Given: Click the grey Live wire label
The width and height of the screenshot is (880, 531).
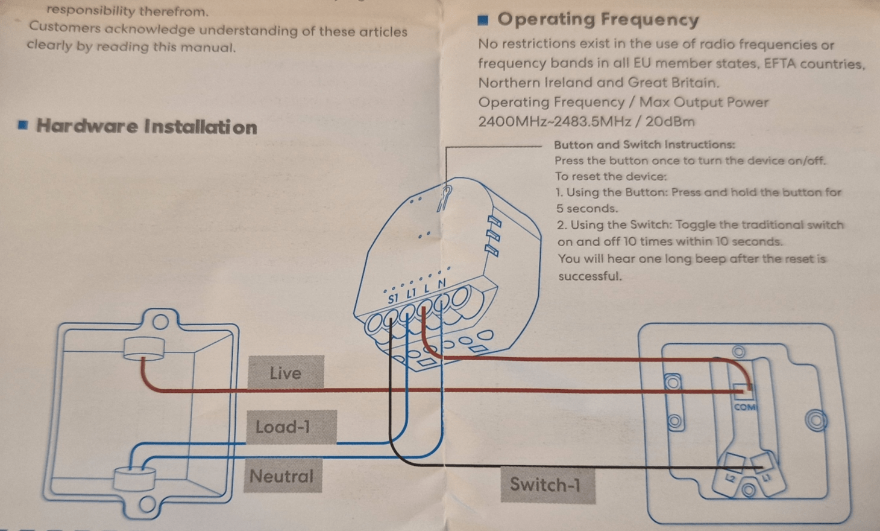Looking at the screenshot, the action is [x=286, y=372].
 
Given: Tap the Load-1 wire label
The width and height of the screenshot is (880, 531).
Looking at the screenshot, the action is [x=291, y=427].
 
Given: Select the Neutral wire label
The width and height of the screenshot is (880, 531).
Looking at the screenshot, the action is [x=283, y=475].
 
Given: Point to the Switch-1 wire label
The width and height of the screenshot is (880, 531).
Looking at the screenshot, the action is [x=548, y=485].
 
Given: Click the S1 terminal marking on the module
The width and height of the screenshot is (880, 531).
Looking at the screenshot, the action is [x=393, y=299].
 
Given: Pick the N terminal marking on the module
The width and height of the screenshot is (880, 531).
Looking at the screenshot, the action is [x=442, y=284].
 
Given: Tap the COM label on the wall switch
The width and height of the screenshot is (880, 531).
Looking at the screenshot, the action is [x=744, y=407].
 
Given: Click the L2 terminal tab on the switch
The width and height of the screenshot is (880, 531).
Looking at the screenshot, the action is [x=730, y=479].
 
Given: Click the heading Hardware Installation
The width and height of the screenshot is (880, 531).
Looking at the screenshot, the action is [x=146, y=127].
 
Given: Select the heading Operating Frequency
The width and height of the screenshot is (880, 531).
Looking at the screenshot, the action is [x=598, y=19].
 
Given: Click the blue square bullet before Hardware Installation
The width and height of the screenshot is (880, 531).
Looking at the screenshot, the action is [x=23, y=125].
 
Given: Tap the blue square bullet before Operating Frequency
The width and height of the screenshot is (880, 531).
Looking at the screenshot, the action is [x=483, y=20].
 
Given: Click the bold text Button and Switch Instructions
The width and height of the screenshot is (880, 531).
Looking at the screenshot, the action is [x=644, y=145].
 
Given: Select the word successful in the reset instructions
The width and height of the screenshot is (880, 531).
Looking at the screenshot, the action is [x=590, y=276].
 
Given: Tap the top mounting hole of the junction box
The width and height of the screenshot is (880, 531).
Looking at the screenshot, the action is [x=160, y=322].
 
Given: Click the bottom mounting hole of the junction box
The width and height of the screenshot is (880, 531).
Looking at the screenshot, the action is [x=147, y=504].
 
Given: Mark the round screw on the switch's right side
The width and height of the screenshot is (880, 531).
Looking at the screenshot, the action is [x=816, y=421].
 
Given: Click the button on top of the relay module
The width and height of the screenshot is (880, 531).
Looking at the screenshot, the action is [x=445, y=198].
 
